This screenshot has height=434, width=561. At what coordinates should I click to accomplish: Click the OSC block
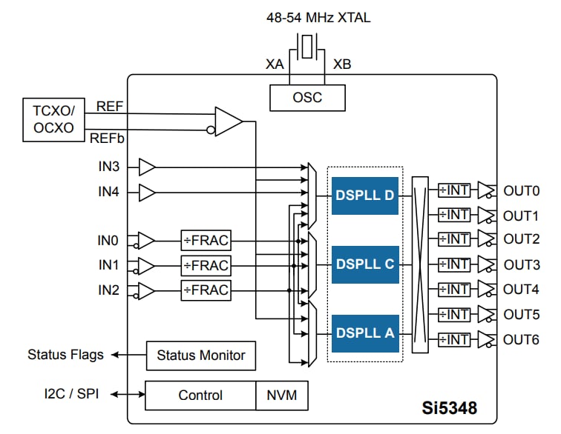(306, 96)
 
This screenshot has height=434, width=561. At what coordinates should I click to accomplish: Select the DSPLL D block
(366, 196)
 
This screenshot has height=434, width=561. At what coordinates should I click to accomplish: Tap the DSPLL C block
(366, 264)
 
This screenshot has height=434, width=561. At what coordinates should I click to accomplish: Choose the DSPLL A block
(366, 332)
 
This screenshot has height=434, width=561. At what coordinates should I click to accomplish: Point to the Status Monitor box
(201, 355)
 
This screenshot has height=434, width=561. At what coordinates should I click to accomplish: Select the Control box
(200, 395)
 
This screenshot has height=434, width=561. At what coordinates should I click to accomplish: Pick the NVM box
(282, 395)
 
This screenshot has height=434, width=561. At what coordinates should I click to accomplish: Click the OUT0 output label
(521, 190)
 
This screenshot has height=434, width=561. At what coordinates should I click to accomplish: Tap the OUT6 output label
(521, 340)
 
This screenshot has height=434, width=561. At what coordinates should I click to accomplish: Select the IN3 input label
(109, 167)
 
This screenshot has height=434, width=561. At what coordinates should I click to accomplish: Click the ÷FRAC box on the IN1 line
(206, 265)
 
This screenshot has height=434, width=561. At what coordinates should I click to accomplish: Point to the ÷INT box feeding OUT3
(453, 264)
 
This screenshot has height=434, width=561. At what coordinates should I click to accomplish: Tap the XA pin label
(275, 64)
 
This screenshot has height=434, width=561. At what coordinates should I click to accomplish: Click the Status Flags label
(65, 355)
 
